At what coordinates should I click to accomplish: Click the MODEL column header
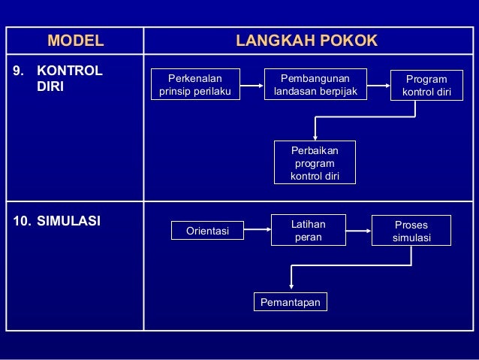pyautogui.click(x=75, y=41)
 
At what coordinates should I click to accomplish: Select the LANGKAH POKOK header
pyautogui.click(x=306, y=41)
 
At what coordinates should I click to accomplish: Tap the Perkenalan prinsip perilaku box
pyautogui.click(x=195, y=85)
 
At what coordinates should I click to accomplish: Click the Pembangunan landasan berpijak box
pyautogui.click(x=315, y=84)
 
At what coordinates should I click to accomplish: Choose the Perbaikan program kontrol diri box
pyautogui.click(x=315, y=162)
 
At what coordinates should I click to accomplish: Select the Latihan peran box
pyautogui.click(x=308, y=229)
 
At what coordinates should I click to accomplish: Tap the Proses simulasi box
pyautogui.click(x=411, y=230)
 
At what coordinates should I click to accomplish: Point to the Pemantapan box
pyautogui.click(x=291, y=302)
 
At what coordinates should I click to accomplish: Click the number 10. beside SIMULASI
pyautogui.click(x=23, y=222)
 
